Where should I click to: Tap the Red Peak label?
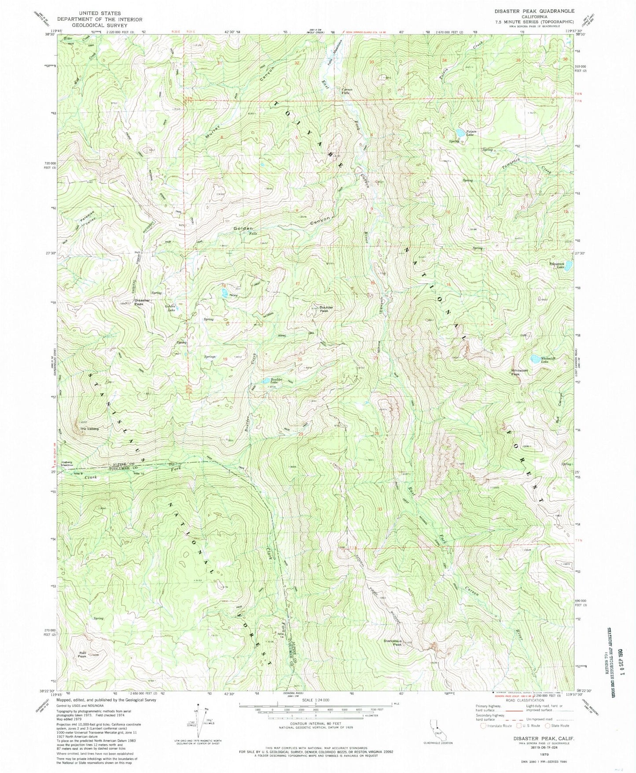click(82, 654)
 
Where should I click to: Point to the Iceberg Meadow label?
click(60, 464)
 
